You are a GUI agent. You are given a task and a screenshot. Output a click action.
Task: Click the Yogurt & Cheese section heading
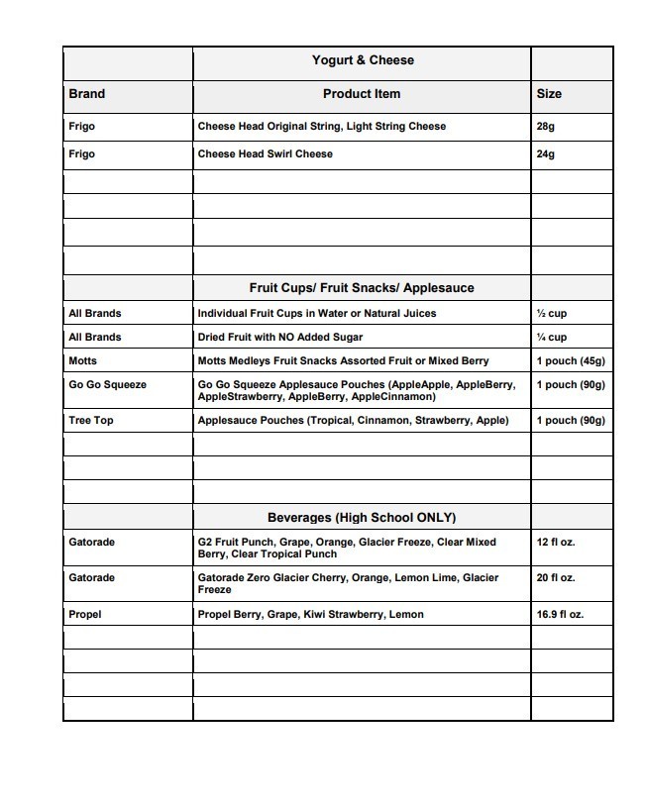(x=362, y=60)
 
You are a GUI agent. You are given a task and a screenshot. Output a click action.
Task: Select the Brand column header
(x=86, y=94)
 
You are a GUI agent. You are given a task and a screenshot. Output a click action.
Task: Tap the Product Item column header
(x=362, y=94)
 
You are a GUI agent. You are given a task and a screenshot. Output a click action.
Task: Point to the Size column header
(x=549, y=94)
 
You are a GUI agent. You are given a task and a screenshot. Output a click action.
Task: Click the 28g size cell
(x=546, y=127)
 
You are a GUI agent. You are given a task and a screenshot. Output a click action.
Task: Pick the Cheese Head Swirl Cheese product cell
(x=266, y=154)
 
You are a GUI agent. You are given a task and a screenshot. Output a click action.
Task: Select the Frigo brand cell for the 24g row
(x=82, y=154)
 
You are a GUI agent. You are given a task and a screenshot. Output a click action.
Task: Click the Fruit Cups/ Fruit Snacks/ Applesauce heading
(x=362, y=288)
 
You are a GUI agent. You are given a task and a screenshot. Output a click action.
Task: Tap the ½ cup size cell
(x=551, y=314)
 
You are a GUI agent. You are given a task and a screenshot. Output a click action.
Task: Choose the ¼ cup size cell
(x=551, y=338)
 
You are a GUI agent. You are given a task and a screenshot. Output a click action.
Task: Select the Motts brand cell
(x=83, y=361)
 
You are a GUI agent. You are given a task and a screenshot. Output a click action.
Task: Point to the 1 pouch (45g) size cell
(x=570, y=361)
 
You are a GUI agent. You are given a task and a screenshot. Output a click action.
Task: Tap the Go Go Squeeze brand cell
(x=107, y=385)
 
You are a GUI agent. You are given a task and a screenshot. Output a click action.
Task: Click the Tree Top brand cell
(x=91, y=421)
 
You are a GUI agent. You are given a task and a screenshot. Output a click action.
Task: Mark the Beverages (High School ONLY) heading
(x=362, y=518)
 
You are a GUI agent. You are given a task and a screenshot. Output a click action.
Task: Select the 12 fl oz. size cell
(x=555, y=543)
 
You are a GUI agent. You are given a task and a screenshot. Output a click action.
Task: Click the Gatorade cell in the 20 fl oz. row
(x=92, y=578)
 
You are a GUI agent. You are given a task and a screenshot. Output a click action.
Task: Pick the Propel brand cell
(x=85, y=615)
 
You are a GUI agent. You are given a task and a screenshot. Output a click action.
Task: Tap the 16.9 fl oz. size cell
(x=560, y=615)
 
